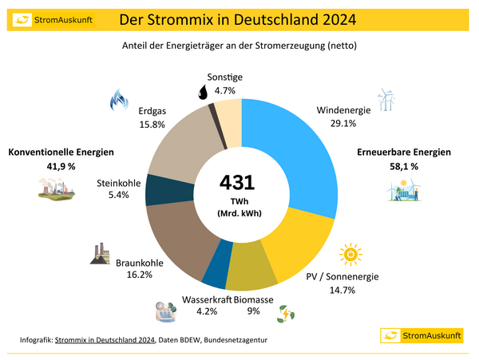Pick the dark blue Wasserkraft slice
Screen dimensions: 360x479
(x=216, y=272)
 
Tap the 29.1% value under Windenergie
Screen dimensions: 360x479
(x=342, y=123)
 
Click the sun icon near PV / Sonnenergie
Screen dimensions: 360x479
(x=350, y=255)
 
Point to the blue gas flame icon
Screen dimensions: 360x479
(x=119, y=100)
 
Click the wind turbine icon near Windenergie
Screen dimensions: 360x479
(x=386, y=99)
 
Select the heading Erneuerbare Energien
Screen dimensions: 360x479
(x=403, y=152)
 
